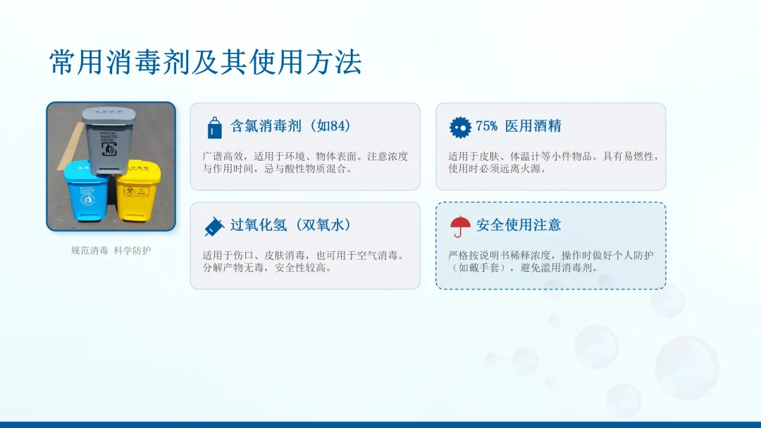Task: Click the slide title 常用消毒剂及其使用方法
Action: (206, 62)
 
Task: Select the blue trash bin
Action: (86, 190)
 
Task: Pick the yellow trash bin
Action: (138, 191)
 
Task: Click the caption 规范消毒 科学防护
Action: (111, 251)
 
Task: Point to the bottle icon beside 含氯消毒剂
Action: (214, 127)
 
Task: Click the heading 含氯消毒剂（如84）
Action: (291, 126)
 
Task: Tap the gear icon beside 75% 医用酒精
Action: (460, 127)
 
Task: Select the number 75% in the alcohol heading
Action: (486, 126)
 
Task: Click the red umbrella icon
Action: (460, 227)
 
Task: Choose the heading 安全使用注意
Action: (519, 225)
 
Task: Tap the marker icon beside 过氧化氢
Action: (214, 227)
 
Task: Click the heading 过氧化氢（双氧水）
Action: (291, 225)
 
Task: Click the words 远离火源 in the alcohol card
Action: (519, 169)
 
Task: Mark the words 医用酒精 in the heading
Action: (533, 126)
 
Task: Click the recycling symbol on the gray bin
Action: (109, 149)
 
